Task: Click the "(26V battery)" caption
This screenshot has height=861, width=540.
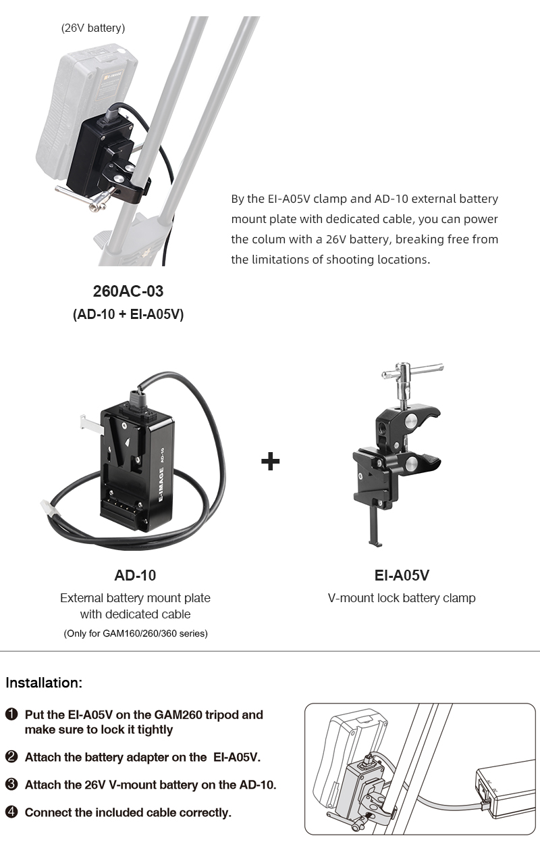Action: click(93, 28)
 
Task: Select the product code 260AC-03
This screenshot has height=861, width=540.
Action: click(128, 291)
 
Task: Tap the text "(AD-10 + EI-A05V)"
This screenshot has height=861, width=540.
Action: click(128, 314)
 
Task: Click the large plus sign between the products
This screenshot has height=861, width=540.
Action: click(270, 461)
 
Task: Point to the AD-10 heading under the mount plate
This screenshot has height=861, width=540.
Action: click(135, 575)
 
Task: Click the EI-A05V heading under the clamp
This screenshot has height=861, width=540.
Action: click(402, 575)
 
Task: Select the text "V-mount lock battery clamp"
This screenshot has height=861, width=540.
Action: click(402, 598)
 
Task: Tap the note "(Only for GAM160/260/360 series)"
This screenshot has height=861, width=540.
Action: click(136, 633)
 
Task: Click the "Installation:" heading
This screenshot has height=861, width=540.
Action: click(44, 683)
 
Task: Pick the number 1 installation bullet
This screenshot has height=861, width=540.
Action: click(11, 714)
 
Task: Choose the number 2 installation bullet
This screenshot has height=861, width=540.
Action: click(11, 757)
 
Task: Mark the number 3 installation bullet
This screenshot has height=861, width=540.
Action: click(11, 785)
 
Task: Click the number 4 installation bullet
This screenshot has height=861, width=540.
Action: click(11, 812)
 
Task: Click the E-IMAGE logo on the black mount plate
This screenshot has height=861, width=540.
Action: click(161, 485)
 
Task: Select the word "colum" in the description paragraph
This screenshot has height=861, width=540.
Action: click(269, 239)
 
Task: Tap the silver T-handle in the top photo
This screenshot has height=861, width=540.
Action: click(84, 197)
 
